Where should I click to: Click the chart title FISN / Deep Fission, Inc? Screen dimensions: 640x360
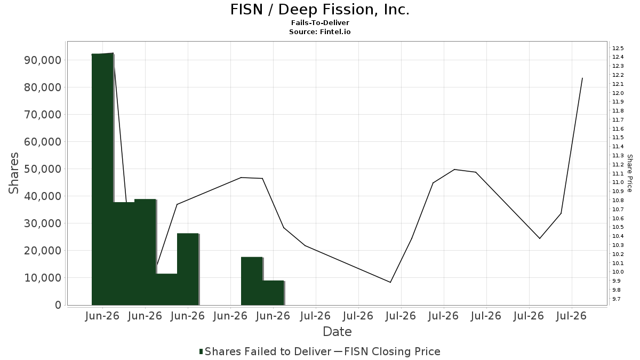click(x=319, y=10)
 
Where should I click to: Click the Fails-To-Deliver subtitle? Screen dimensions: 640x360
click(x=320, y=22)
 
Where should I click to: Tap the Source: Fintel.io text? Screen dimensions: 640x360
click(x=319, y=31)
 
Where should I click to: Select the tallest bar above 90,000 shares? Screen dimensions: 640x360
click(x=102, y=179)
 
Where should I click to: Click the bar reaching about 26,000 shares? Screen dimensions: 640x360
click(x=188, y=269)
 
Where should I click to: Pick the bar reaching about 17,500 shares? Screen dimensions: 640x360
click(x=252, y=281)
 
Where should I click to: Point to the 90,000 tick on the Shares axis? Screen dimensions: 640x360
click(x=43, y=60)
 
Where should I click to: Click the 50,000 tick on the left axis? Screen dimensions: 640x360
click(x=43, y=169)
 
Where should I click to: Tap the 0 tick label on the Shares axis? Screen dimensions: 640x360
click(x=58, y=305)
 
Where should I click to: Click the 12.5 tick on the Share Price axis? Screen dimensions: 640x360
click(x=618, y=48)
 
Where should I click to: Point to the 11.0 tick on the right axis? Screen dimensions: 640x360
click(x=618, y=182)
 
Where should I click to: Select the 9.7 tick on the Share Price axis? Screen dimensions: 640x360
click(x=617, y=299)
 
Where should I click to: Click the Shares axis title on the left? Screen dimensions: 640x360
click(x=13, y=173)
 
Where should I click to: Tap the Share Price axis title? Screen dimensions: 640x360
click(x=630, y=173)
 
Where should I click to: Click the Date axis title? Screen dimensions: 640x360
click(x=337, y=332)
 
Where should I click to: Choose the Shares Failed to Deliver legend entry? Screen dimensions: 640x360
click(x=265, y=351)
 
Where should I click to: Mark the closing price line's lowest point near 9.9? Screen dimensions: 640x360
click(x=390, y=282)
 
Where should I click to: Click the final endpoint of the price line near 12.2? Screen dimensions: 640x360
click(x=582, y=78)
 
